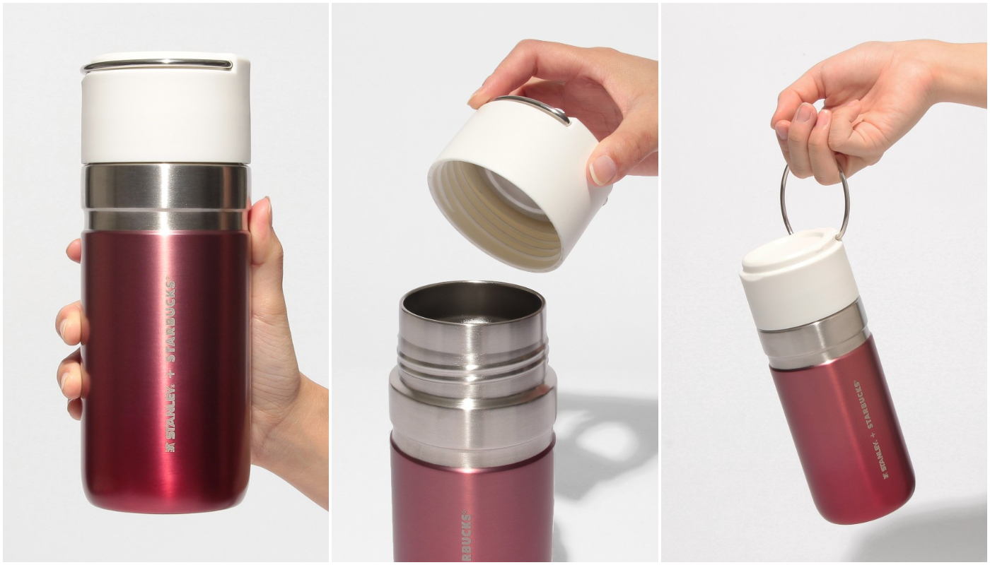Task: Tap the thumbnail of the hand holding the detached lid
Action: tap(602, 170)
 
